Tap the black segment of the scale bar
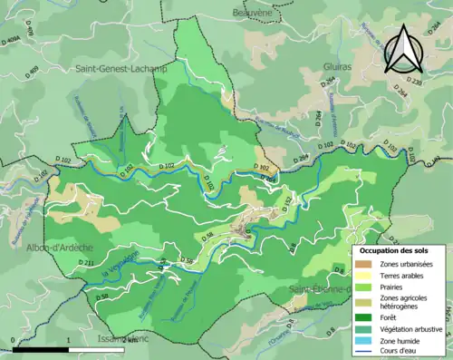[41, 346]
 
